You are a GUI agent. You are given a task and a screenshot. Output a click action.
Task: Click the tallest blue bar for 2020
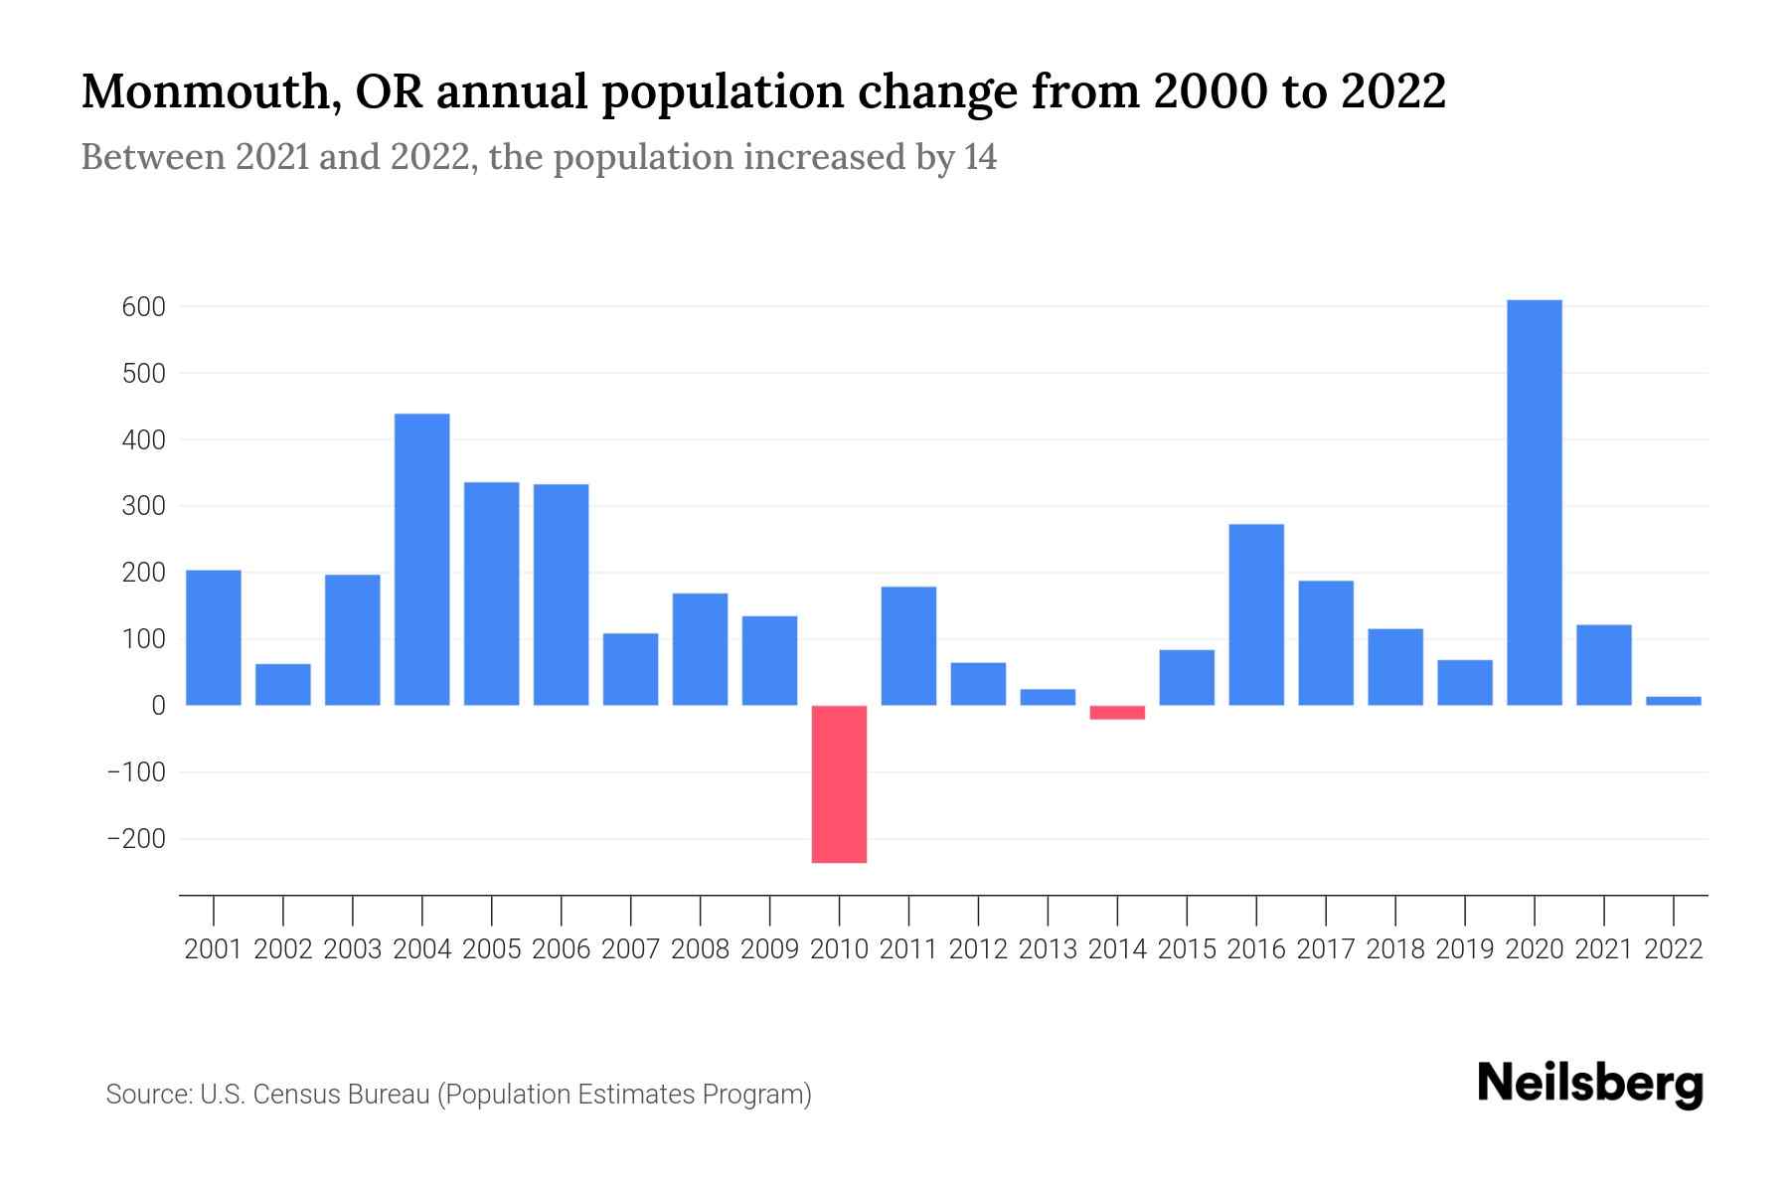(x=1534, y=502)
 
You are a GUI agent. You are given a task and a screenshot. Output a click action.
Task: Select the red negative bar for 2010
(x=839, y=783)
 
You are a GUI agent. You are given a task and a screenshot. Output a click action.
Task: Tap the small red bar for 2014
(x=1117, y=712)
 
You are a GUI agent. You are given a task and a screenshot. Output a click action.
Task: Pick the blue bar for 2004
(x=421, y=559)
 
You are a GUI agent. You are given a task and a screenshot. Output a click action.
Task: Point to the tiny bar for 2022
(x=1673, y=701)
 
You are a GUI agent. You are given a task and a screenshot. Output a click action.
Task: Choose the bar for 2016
(x=1256, y=614)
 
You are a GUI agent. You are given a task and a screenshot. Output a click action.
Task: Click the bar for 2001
(x=214, y=637)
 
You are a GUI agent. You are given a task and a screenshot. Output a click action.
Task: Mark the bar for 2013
(x=1048, y=697)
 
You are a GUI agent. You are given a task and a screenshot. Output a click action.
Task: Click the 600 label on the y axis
(x=143, y=307)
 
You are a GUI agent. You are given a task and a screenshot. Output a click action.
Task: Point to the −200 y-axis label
(x=136, y=839)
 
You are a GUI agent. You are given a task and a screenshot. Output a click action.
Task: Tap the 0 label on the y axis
(x=158, y=706)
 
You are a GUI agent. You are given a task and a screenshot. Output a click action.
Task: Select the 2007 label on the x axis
(x=630, y=949)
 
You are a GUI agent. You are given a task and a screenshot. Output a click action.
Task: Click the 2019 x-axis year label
(x=1464, y=949)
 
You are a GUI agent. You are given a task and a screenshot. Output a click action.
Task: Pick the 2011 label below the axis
(x=908, y=949)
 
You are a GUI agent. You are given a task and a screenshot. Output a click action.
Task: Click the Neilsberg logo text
(x=1589, y=1084)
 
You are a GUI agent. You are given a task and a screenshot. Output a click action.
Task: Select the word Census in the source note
(x=291, y=1095)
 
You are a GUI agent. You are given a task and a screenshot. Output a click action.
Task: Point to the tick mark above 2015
(x=1187, y=909)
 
